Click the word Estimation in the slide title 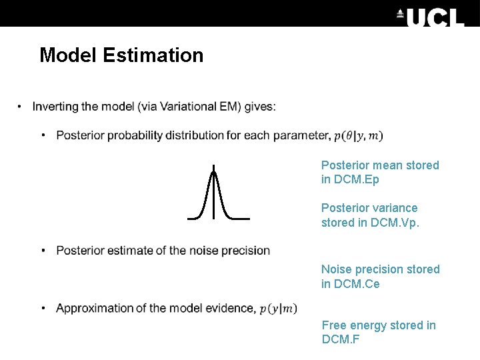coord(153,55)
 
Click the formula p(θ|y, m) coord(358,136)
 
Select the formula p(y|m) coord(278,309)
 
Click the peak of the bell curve coord(213,172)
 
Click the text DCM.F coord(341,340)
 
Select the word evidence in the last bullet coord(231,308)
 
